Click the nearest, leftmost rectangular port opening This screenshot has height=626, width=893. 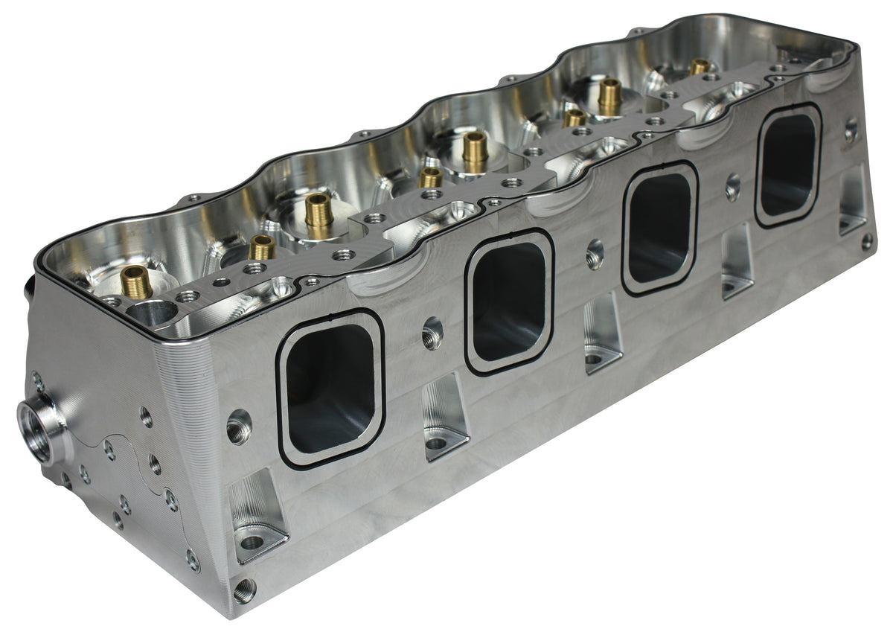point(330,388)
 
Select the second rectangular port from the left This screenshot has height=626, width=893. point(509,302)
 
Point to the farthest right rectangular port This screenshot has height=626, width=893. point(788,165)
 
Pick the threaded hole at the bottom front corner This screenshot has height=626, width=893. point(244,590)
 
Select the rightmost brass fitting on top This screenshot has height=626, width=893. point(699,66)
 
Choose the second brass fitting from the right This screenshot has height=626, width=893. point(610,95)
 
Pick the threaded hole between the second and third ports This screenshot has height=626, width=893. point(595,253)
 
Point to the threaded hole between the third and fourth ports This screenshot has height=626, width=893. point(733,185)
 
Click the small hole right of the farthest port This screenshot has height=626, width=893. point(851,131)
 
